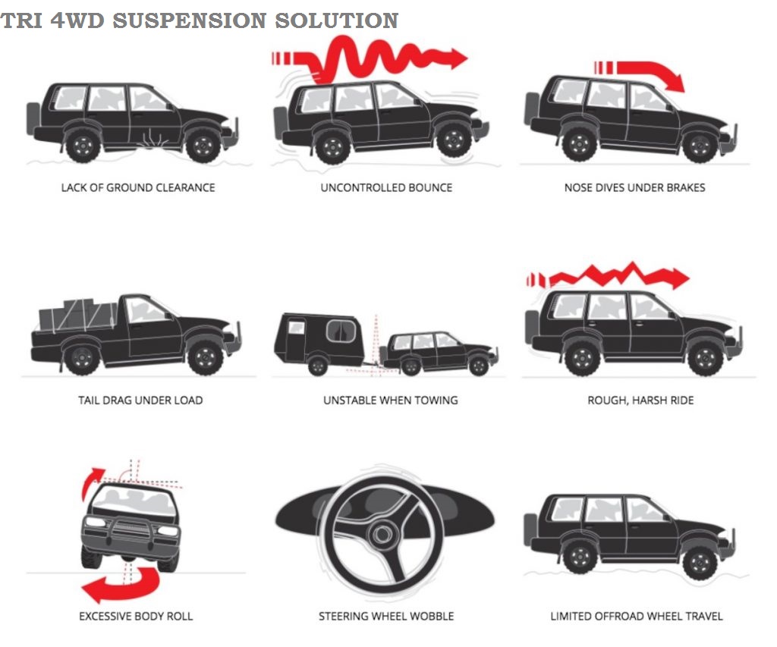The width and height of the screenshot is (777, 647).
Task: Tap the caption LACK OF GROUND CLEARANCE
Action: (138, 187)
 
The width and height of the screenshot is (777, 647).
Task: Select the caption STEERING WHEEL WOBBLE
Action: (386, 616)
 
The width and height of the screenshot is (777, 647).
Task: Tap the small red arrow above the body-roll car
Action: (92, 482)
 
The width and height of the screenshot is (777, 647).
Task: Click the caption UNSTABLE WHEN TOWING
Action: (390, 400)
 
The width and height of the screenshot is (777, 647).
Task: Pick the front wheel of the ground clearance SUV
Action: (203, 144)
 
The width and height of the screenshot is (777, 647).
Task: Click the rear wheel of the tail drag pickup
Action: (82, 357)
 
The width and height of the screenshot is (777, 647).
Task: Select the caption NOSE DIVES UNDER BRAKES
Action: (634, 187)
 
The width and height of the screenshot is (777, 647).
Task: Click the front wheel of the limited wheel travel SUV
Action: (698, 562)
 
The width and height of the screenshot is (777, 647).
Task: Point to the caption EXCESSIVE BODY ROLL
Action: (136, 616)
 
